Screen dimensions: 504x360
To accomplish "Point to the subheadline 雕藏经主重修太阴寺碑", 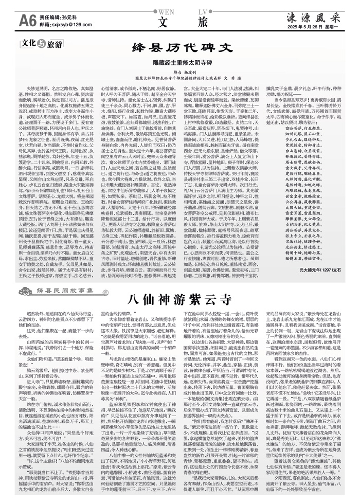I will tap(179, 63).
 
